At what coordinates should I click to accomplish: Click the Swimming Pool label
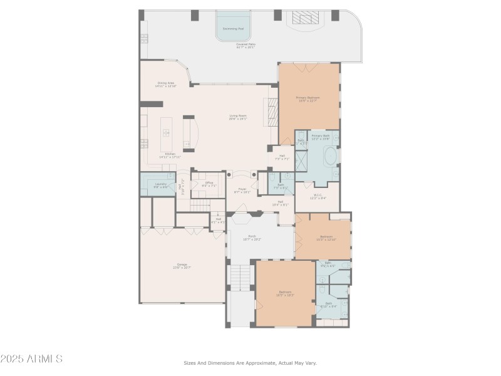pyautogui.click(x=234, y=29)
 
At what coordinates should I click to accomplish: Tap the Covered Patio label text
pyautogui.click(x=245, y=46)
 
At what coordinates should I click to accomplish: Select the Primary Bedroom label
pyautogui.click(x=308, y=98)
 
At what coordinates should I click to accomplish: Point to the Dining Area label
pyautogui.click(x=166, y=84)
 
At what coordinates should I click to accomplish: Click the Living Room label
pyautogui.click(x=238, y=117)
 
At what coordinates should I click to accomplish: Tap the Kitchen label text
pyautogui.click(x=170, y=155)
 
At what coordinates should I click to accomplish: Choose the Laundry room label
pyautogui.click(x=161, y=185)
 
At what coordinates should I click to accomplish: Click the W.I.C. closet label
pyautogui.click(x=317, y=196)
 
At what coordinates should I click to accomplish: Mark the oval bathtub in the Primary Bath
pyautogui.click(x=329, y=156)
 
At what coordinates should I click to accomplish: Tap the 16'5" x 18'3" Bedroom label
pyautogui.click(x=285, y=293)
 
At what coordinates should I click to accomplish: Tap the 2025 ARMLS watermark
pyautogui.click(x=31, y=359)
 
